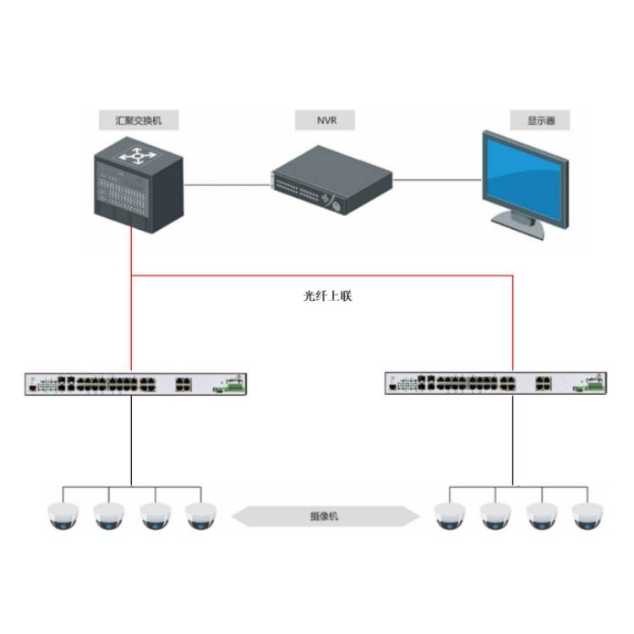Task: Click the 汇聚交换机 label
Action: click(x=136, y=120)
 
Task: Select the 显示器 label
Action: click(x=538, y=120)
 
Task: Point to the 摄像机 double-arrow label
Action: click(x=325, y=515)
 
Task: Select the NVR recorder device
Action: click(x=332, y=180)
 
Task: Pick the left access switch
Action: click(x=135, y=384)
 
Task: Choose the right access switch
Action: click(x=495, y=384)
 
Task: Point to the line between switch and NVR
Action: click(x=226, y=183)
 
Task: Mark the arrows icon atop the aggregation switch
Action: click(x=133, y=156)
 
